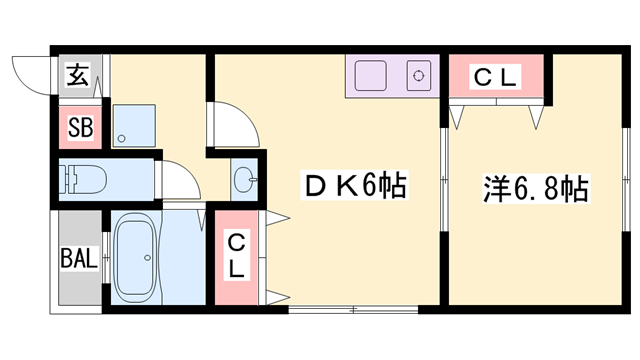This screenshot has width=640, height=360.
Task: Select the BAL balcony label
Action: click(78, 258)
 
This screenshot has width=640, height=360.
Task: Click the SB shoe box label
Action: click(79, 127)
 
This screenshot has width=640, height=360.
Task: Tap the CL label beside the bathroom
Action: click(236, 256)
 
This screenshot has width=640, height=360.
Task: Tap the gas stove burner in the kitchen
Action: click(417, 75)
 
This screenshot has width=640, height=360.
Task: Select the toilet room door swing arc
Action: click(180, 180)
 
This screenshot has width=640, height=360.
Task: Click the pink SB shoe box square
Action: click(79, 127)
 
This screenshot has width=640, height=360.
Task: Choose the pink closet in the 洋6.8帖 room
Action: click(496, 77)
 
